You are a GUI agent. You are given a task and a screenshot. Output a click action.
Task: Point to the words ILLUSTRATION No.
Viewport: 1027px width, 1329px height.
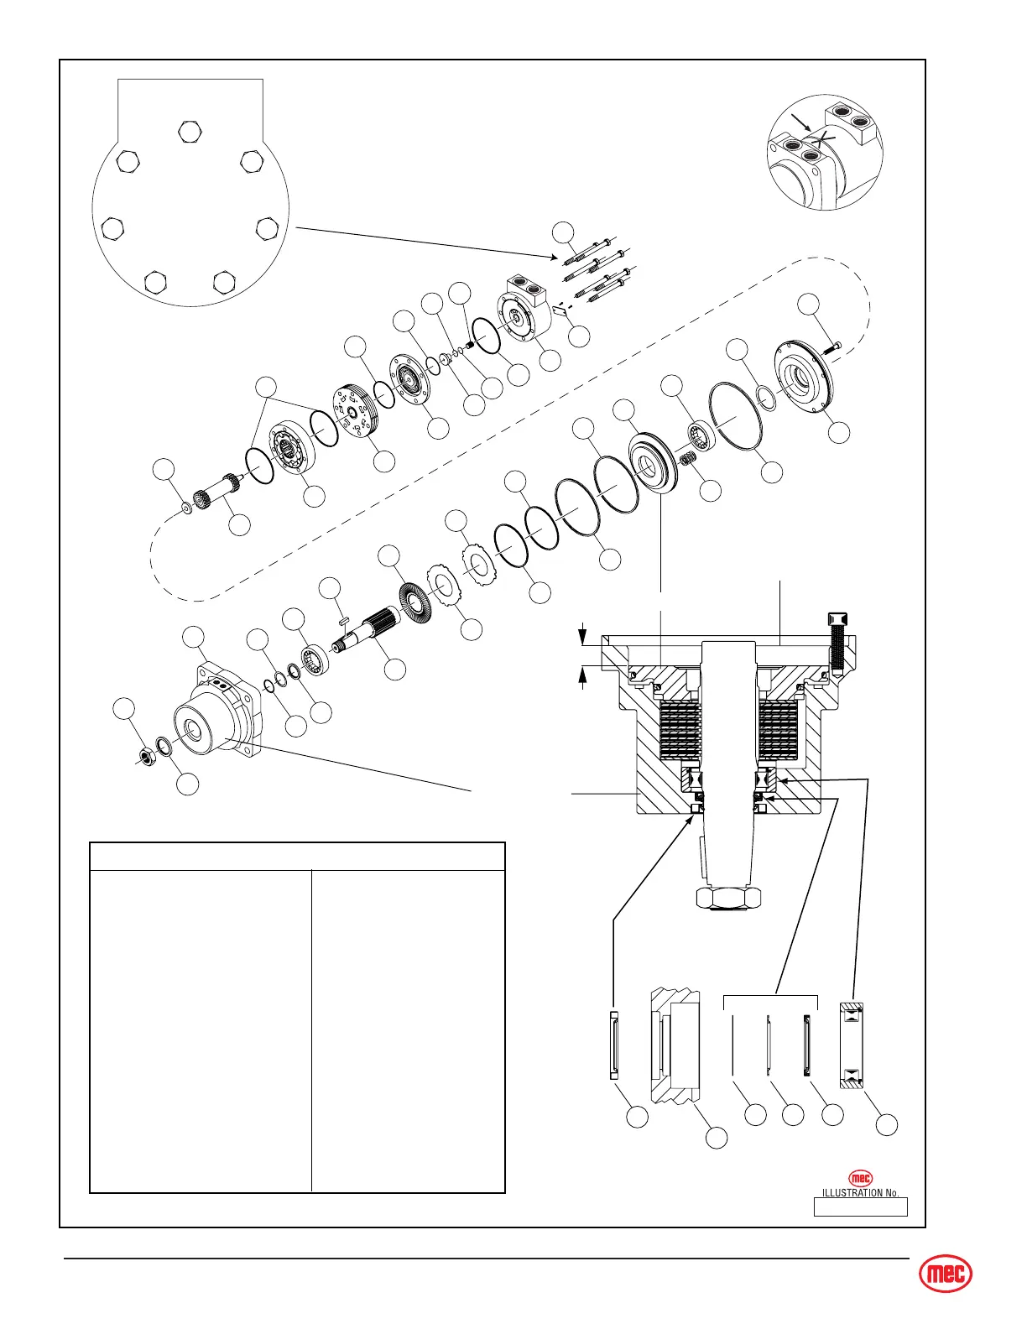860,1192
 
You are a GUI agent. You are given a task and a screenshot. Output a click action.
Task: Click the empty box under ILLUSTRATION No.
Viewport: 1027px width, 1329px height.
860,1207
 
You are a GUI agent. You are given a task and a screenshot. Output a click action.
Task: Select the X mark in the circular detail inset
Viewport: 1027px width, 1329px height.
826,140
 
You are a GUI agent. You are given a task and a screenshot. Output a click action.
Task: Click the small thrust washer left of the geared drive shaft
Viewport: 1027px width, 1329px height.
186,508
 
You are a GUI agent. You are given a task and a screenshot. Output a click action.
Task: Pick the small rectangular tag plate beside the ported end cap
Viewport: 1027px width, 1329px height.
560,310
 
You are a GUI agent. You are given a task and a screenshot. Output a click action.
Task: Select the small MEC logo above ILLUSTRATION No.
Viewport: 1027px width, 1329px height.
860,1178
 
